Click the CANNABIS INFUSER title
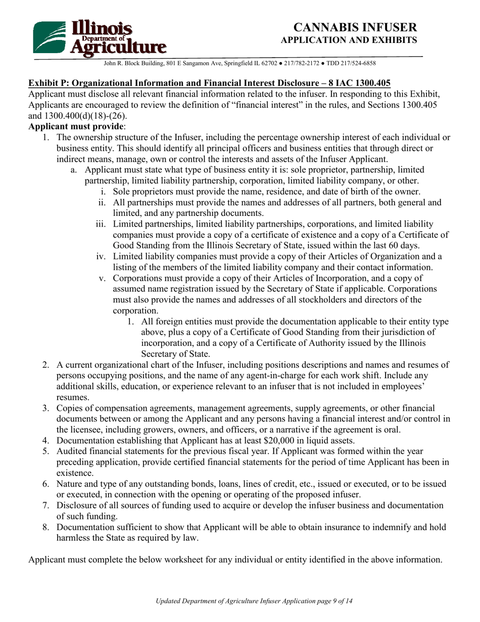point(356,27)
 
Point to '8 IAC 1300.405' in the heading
point(361,83)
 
